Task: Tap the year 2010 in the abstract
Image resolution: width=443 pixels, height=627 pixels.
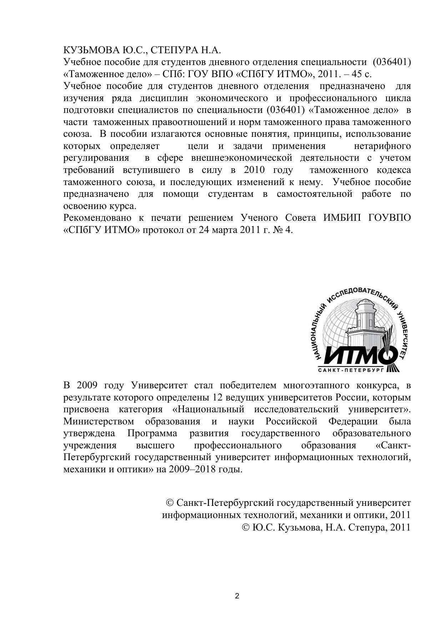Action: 255,170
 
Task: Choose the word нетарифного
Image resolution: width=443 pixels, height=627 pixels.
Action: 382,146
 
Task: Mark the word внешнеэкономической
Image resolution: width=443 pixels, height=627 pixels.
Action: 242,158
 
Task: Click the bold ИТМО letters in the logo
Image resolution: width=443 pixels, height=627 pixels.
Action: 357,355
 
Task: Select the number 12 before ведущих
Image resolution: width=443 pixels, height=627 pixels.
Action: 218,397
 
